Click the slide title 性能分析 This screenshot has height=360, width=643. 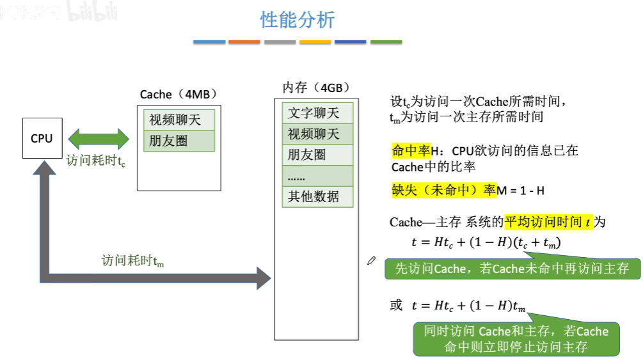pos(298,20)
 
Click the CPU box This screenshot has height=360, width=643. pos(42,138)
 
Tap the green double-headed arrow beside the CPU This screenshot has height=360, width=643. pos(99,139)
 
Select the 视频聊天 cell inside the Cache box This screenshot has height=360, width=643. pos(179,120)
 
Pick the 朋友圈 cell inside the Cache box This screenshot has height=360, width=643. pos(179,141)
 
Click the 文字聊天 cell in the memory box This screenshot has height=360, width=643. pos(317,113)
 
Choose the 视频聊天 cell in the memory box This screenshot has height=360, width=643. pos(317,134)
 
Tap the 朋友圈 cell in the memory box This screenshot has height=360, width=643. pos(317,155)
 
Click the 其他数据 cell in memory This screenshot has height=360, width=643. pos(317,196)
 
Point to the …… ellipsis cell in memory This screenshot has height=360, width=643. pos(317,175)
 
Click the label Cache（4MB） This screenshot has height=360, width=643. pos(179,95)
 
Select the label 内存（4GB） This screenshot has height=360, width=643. pos(316,88)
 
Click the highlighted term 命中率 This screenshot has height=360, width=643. pos(407,152)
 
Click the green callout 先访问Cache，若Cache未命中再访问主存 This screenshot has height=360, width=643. pos(512,269)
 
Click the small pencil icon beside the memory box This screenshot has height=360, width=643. pos(372,260)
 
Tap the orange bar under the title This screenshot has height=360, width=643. pos(244,42)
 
